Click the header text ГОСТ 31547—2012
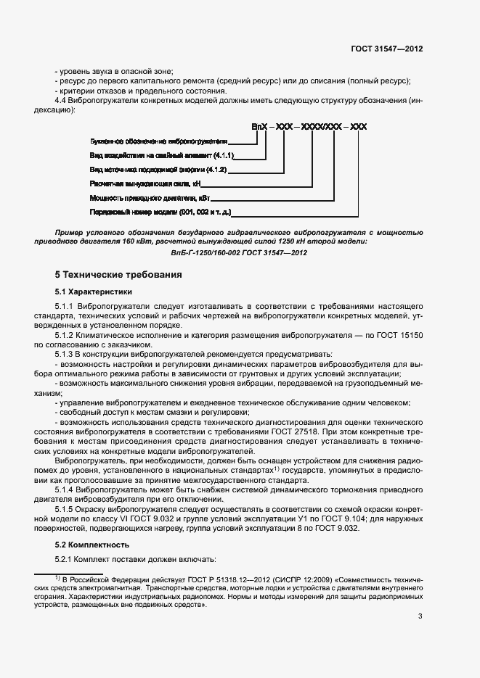386,49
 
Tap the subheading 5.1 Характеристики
94,292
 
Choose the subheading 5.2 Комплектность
93,544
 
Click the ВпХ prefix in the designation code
260,127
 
